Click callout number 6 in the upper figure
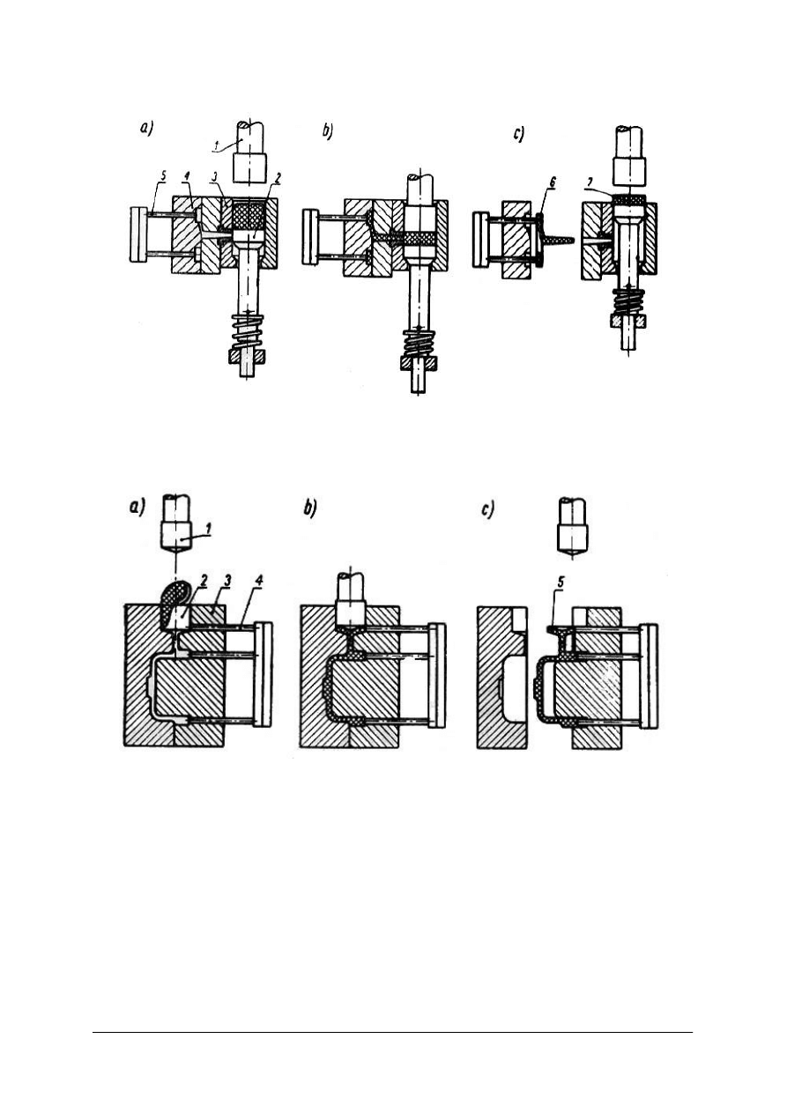point(552,182)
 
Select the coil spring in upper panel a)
point(247,332)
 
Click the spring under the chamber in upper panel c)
point(629,301)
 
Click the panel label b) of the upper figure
point(327,131)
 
